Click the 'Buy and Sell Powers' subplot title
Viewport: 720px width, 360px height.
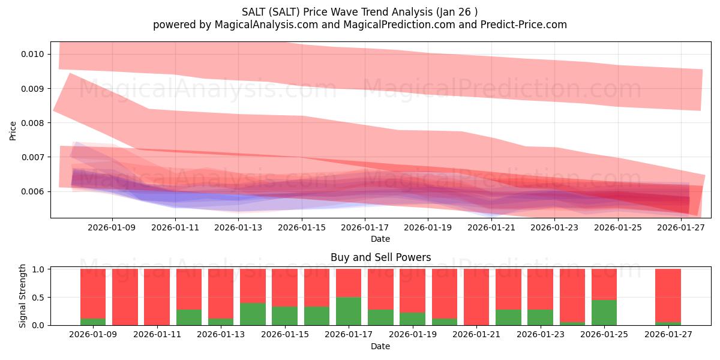tap(380, 257)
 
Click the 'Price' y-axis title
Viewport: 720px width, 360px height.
tap(13, 130)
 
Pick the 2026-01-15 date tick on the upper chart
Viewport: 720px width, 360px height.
tap(301, 227)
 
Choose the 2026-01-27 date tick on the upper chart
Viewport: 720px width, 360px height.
tap(681, 227)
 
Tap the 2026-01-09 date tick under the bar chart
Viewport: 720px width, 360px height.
tap(93, 334)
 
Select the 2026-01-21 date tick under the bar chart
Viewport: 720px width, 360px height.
tap(476, 334)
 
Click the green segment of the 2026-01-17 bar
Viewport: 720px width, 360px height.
tap(349, 311)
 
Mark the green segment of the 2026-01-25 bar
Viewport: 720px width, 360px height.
tap(604, 312)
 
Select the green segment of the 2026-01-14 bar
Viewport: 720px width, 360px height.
tap(253, 314)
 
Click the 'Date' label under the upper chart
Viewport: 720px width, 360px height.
tap(380, 239)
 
